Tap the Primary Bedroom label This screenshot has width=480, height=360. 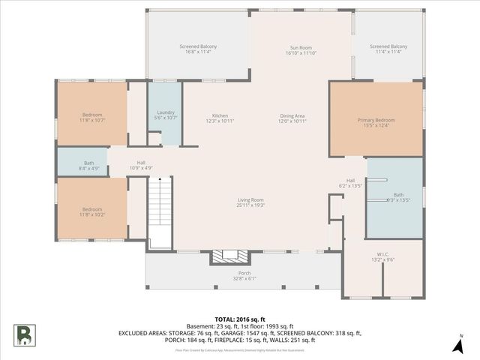click(376, 122)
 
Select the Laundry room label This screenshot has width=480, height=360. click(166, 115)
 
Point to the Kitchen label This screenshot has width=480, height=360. click(220, 118)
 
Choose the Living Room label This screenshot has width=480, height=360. click(250, 202)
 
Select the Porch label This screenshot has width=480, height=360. click(244, 275)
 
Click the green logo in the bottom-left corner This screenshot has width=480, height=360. click(25, 334)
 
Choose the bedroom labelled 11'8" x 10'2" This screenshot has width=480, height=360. click(92, 211)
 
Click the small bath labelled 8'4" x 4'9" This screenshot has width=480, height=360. click(89, 165)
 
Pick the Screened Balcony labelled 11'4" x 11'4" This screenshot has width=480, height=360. click(388, 49)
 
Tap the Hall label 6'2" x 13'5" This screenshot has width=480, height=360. click(349, 182)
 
